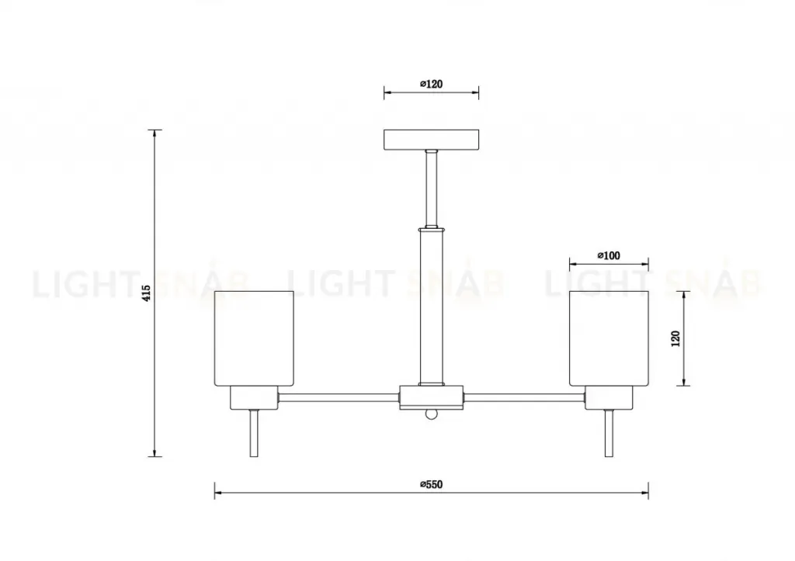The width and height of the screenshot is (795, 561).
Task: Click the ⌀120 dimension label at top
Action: (x=432, y=84)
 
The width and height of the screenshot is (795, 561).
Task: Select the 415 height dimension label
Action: (x=146, y=293)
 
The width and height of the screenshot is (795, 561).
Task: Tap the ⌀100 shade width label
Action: (x=609, y=255)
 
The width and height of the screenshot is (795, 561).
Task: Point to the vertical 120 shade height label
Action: (x=675, y=338)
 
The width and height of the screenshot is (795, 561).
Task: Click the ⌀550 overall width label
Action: (x=432, y=484)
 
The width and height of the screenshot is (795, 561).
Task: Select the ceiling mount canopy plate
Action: (x=432, y=140)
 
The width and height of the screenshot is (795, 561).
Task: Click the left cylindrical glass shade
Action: (x=254, y=338)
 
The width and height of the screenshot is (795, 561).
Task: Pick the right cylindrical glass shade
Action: (x=609, y=338)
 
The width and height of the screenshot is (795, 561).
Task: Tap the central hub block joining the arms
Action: (x=432, y=397)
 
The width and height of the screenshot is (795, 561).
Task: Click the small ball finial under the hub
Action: (x=432, y=414)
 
